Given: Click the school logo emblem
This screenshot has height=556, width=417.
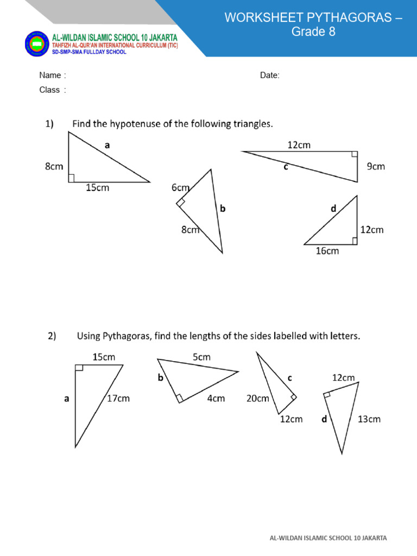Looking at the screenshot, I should tap(37, 43).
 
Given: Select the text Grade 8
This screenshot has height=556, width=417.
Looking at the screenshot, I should tap(313, 32).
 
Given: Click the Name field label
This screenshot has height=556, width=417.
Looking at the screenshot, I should tap(52, 75).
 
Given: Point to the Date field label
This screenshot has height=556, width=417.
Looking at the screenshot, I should tap(270, 75).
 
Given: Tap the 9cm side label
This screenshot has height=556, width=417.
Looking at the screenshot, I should tap(376, 166).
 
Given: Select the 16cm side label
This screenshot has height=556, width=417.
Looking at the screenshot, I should tap(327, 251).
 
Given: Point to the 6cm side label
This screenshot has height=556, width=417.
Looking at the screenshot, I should tap(180, 188).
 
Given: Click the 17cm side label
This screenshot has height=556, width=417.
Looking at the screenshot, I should tap(118, 399).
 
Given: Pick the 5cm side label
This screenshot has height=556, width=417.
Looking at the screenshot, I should tap(201, 357).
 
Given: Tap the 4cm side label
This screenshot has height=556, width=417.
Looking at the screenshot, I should tap(216, 399).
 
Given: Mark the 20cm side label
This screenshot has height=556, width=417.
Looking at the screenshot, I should tap(258, 399).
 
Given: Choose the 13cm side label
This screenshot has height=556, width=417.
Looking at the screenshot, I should tap(369, 419).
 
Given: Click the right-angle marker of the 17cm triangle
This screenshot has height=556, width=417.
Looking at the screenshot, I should tap(79, 368).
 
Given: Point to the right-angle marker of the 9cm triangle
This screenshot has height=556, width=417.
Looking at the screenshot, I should tap(354, 155).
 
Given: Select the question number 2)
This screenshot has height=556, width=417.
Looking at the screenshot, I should tap(52, 336).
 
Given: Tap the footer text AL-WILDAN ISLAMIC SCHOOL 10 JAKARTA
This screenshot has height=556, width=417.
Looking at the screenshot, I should tap(328, 538).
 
